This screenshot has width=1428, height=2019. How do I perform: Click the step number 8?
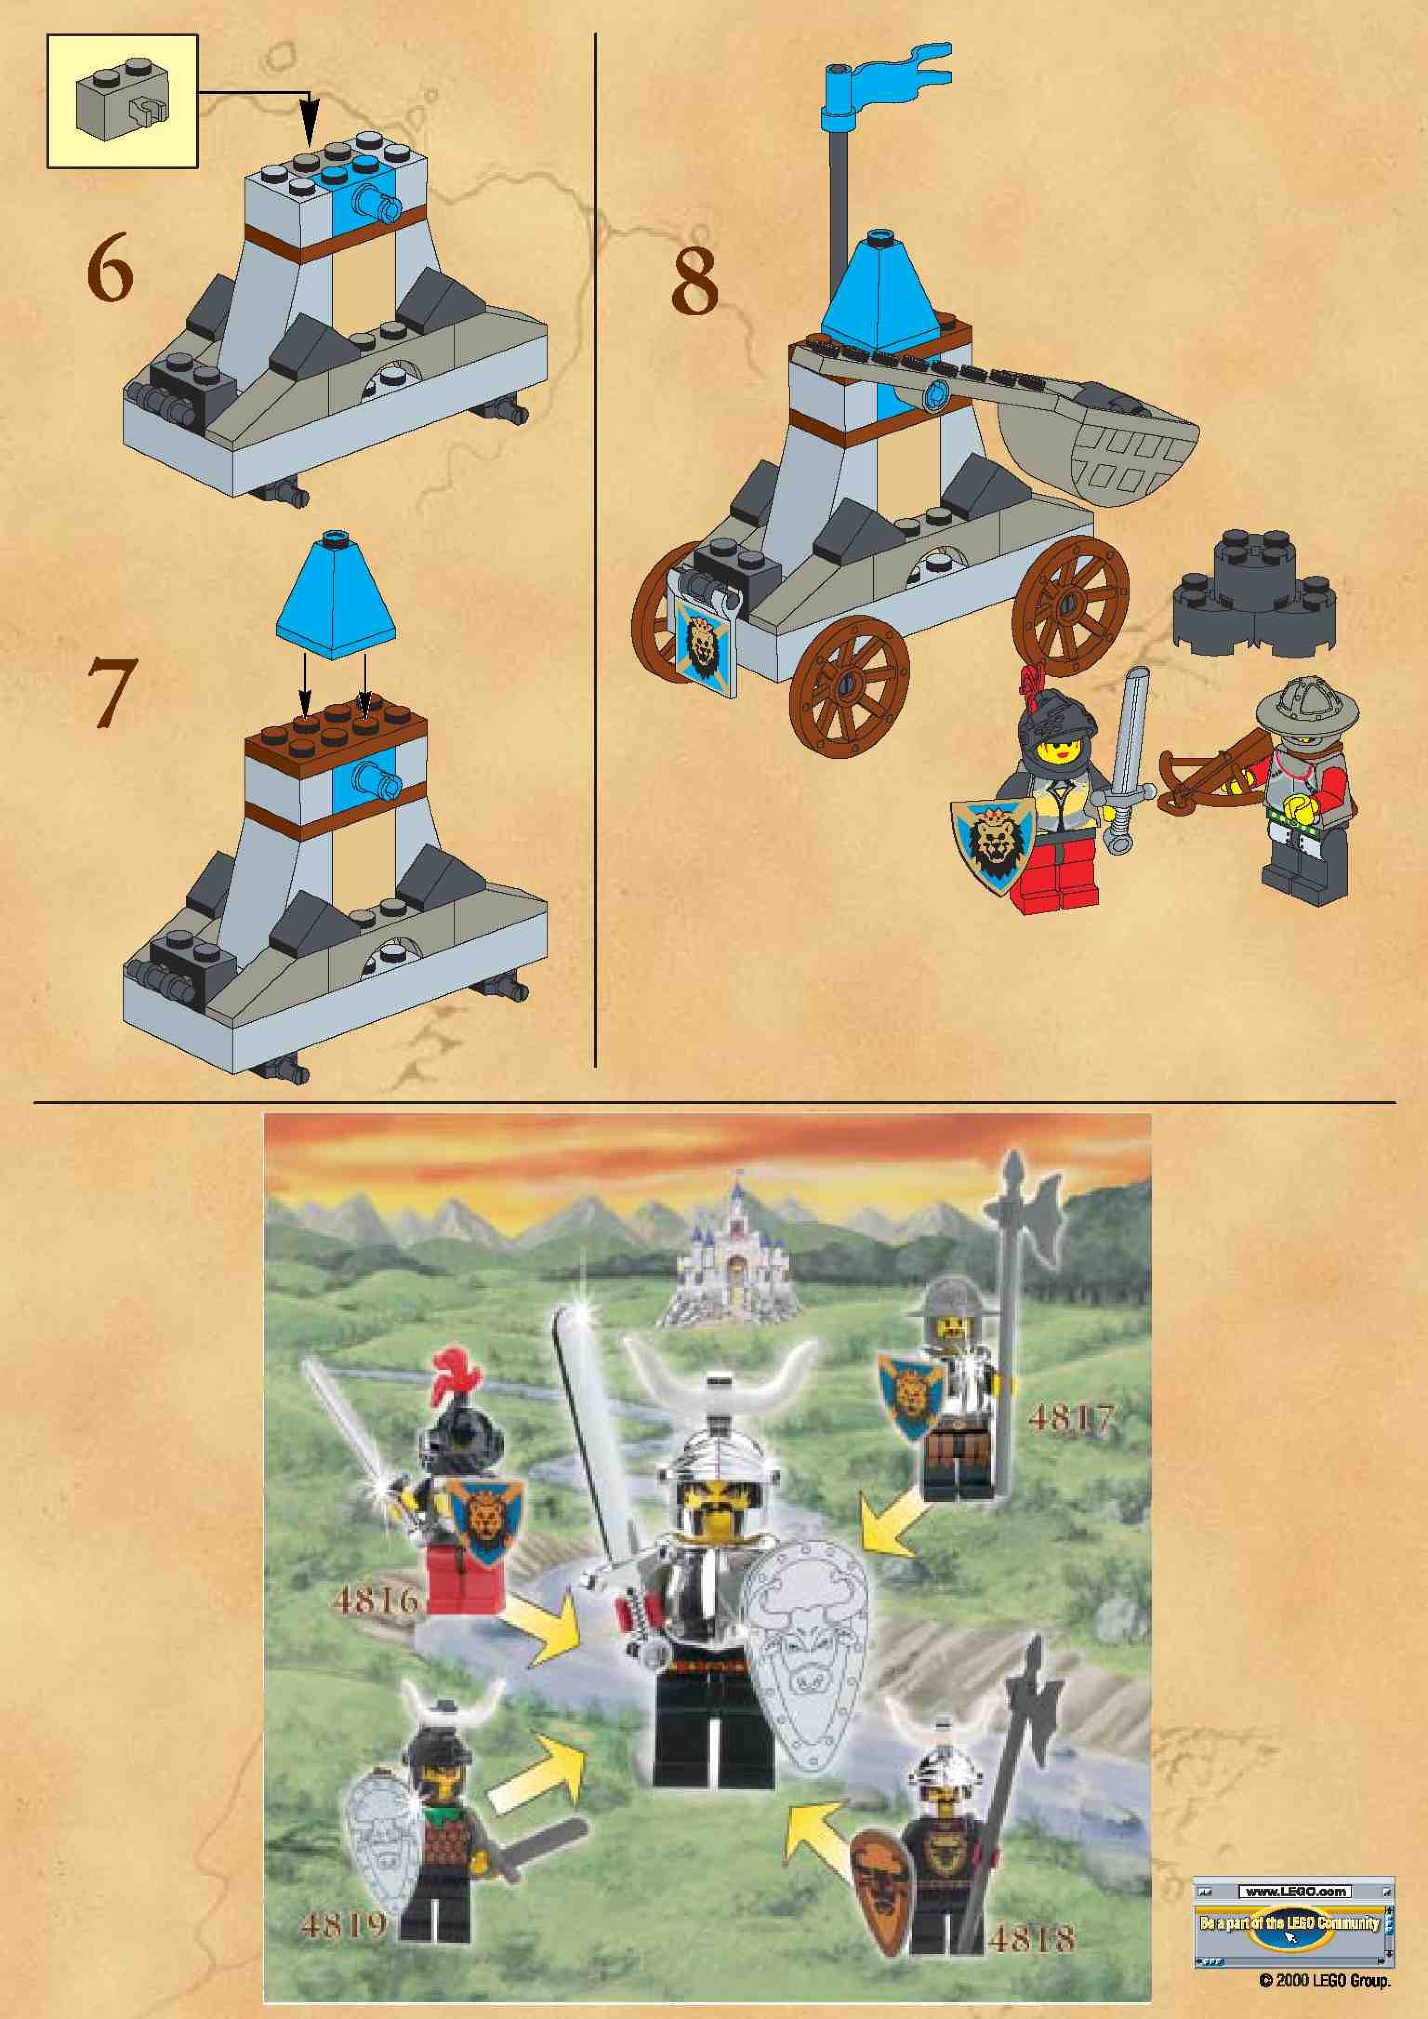click(694, 283)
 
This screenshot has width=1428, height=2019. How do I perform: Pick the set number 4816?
click(376, 1599)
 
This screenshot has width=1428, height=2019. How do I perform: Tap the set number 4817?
click(1070, 1417)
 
